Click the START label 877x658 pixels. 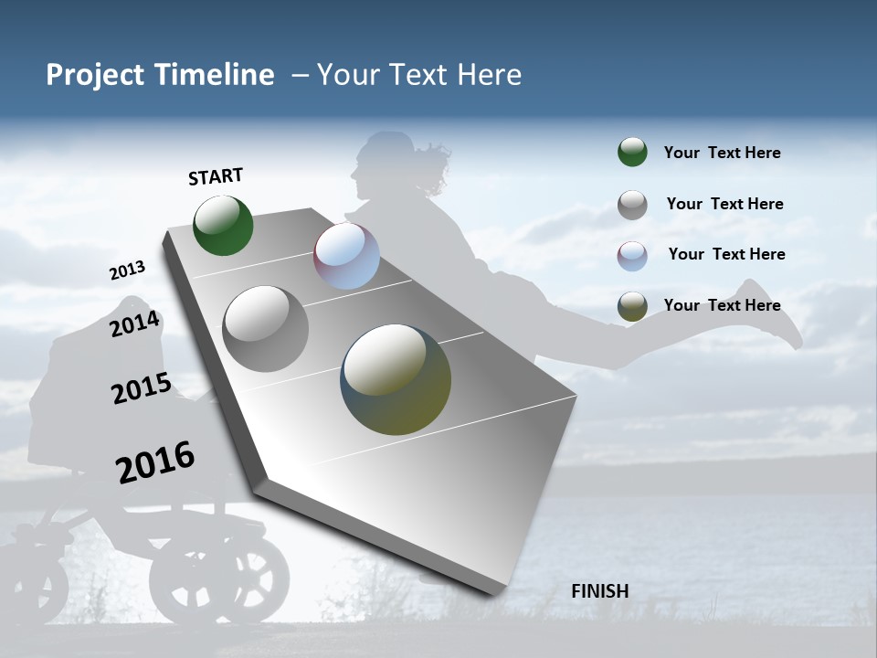click(216, 175)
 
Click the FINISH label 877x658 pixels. click(600, 591)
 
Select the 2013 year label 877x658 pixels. click(127, 271)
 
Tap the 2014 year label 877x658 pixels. click(134, 324)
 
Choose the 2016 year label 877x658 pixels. click(155, 462)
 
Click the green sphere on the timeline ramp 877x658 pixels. click(223, 225)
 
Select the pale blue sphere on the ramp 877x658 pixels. click(346, 256)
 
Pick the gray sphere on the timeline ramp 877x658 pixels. click(266, 328)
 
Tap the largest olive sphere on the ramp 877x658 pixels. click(396, 379)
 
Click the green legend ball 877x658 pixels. click(632, 152)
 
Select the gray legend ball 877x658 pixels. click(632, 205)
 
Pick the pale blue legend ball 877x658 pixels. click(632, 256)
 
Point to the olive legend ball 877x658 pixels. click(632, 306)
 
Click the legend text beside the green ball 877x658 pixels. click(722, 153)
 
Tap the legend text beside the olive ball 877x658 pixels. click(722, 305)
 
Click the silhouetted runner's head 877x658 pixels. click(384, 164)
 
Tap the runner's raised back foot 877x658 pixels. click(777, 315)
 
